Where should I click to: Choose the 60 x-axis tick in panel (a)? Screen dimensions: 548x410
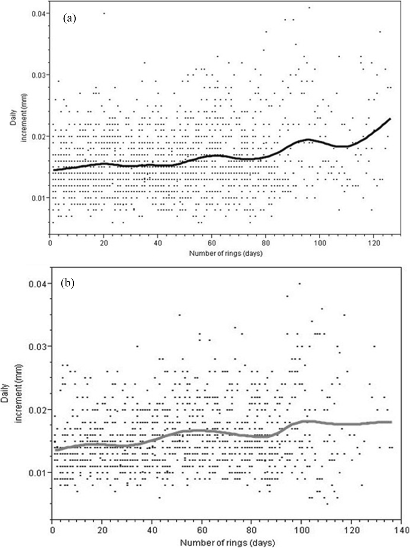tap(212, 243)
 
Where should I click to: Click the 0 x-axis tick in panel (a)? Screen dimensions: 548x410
tap(50, 243)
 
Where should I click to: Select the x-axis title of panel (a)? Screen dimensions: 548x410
tap(226, 254)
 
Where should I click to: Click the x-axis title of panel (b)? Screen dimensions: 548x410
tap(227, 543)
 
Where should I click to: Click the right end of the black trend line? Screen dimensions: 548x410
tap(390, 119)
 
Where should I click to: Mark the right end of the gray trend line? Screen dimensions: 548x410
tap(391, 422)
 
